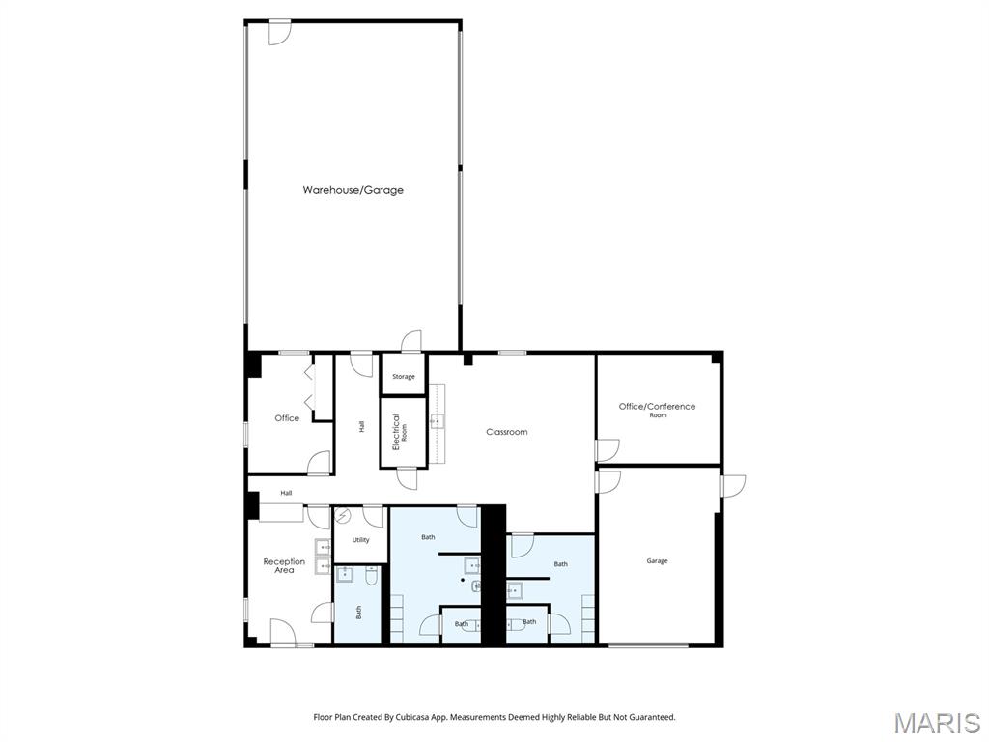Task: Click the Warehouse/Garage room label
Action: (x=353, y=190)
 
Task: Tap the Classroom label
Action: (x=506, y=432)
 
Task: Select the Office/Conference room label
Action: (x=657, y=410)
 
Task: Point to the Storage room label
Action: (x=404, y=377)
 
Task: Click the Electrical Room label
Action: (x=399, y=432)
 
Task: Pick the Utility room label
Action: (x=361, y=540)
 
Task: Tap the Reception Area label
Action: (x=284, y=565)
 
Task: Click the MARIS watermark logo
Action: (x=937, y=723)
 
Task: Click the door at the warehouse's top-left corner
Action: (x=279, y=34)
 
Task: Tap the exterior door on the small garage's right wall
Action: (x=734, y=486)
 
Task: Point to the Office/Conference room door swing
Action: (x=608, y=450)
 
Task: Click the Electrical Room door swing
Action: (x=407, y=477)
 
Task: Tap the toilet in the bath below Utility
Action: (x=372, y=575)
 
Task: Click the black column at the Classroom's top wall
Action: (x=468, y=359)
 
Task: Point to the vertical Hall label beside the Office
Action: (x=361, y=426)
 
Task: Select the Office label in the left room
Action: (x=287, y=418)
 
